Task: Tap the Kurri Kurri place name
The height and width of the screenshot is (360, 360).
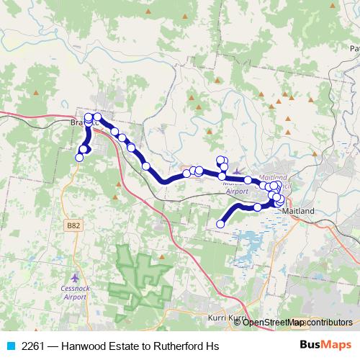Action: [226, 318]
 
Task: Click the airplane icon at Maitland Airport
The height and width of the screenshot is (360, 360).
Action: [239, 171]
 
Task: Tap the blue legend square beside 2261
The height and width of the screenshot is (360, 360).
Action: [9, 346]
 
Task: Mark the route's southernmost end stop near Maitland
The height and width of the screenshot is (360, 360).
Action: [220, 224]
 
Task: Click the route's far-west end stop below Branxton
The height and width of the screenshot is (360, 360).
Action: [79, 157]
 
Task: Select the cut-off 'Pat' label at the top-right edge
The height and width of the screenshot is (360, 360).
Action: [353, 49]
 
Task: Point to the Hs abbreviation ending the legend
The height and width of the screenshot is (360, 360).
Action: [211, 346]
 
